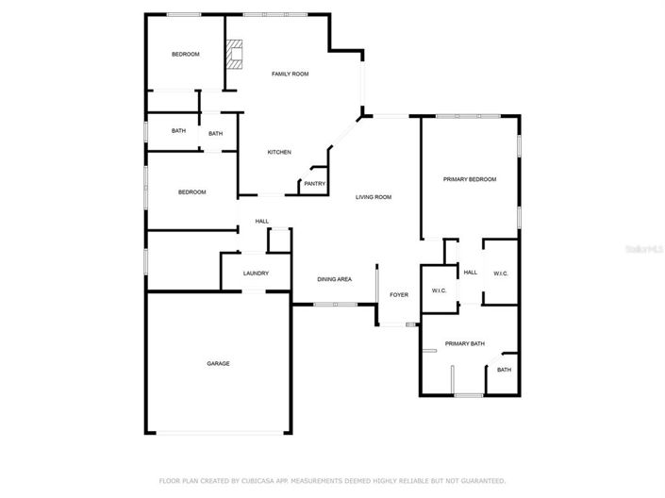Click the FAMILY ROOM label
pyautogui.click(x=290, y=74)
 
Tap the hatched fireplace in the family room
pyautogui.click(x=234, y=55)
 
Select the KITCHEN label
pyautogui.click(x=278, y=153)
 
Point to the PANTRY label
pyautogui.click(x=314, y=184)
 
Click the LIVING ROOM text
pyautogui.click(x=374, y=197)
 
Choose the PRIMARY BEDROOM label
pyautogui.click(x=470, y=179)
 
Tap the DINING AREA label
pyautogui.click(x=335, y=279)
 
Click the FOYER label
pyautogui.click(x=399, y=295)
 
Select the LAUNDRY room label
pyautogui.click(x=256, y=274)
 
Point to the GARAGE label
pyautogui.click(x=218, y=363)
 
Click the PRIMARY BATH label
pyautogui.click(x=465, y=343)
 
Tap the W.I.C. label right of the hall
pyautogui.click(x=500, y=274)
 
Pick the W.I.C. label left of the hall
pyautogui.click(x=439, y=290)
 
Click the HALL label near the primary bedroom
pyautogui.click(x=470, y=274)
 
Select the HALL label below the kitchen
pyautogui.click(x=261, y=222)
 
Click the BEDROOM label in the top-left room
pyautogui.click(x=185, y=54)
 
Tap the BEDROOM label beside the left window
pyautogui.click(x=191, y=192)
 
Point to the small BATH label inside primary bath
pyautogui.click(x=504, y=370)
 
